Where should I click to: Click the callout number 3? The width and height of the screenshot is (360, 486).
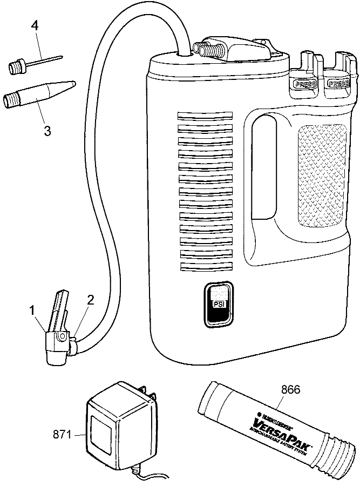pyautogui.click(x=47, y=131)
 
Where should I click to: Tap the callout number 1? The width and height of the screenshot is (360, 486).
pyautogui.click(x=32, y=311)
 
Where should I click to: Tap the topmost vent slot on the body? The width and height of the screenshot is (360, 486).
pyautogui.click(x=205, y=117)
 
